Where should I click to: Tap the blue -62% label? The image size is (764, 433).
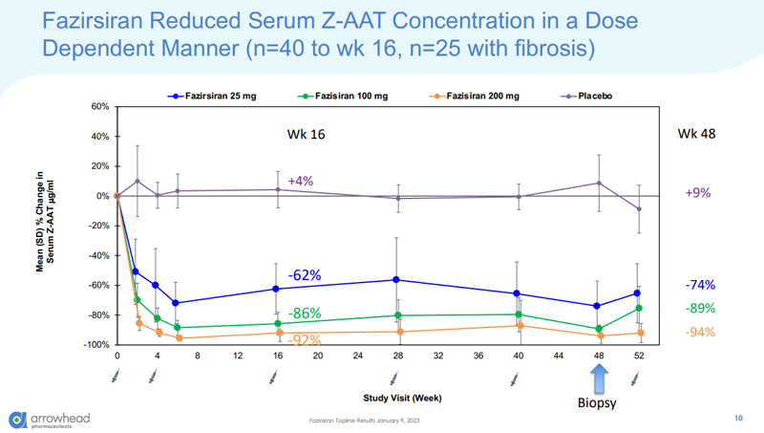point(305,275)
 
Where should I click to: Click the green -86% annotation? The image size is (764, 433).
point(305,313)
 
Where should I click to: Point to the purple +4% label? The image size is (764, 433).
point(300,181)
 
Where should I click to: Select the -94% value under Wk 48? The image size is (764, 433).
point(699,332)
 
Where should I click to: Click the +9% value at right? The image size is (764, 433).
point(698,192)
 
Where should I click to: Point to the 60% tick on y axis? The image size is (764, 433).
point(99,106)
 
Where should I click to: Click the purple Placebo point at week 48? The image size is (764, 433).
point(599,183)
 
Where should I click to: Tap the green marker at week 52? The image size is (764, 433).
point(639,308)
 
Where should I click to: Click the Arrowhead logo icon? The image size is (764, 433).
point(19,419)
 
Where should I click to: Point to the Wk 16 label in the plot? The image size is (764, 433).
point(306,135)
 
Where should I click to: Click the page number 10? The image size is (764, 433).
point(737,418)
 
